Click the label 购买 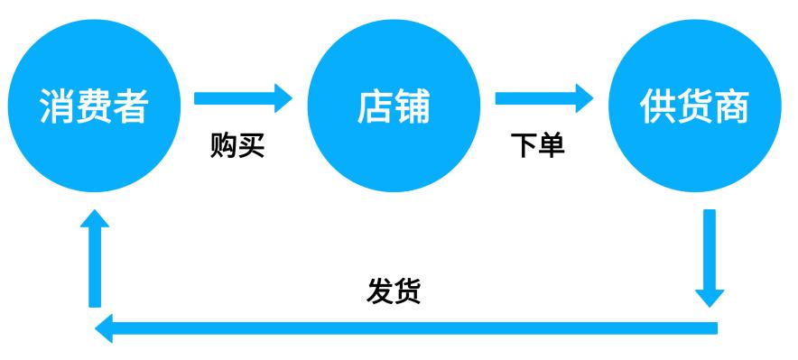(x=237, y=145)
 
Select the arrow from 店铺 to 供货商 (x=543, y=96)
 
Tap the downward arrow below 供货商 (x=709, y=257)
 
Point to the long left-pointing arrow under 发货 (x=406, y=328)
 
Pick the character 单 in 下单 (x=552, y=145)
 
